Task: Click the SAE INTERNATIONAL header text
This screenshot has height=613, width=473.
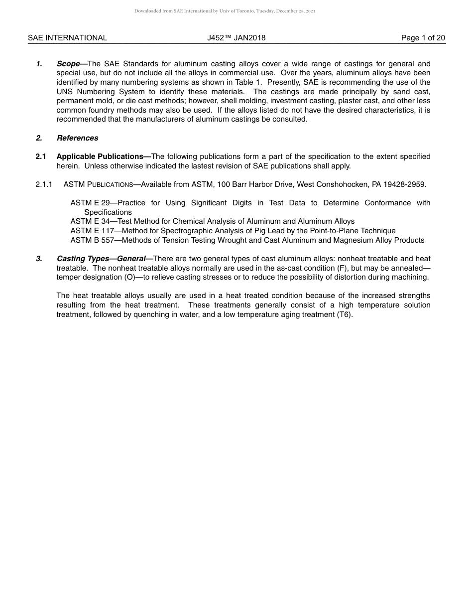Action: (67, 38)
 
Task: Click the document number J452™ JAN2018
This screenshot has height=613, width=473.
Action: (236, 38)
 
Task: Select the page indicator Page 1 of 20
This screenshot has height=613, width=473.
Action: (423, 38)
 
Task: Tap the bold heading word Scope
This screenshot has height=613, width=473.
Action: (69, 64)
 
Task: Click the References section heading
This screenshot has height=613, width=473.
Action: (77, 138)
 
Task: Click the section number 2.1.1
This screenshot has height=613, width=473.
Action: (44, 184)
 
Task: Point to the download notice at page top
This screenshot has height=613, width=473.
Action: (225, 10)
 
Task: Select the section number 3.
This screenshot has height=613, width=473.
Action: (39, 259)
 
